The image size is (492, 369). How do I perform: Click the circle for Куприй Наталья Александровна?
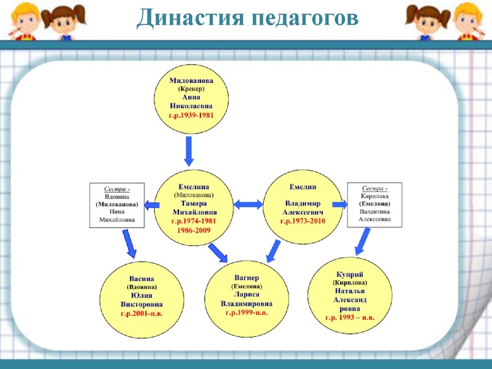(x=350, y=296)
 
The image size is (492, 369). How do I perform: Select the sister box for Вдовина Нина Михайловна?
(x=117, y=205)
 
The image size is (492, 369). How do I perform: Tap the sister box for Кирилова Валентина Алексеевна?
(x=375, y=205)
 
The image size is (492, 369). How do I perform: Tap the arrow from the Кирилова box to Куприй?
(x=363, y=243)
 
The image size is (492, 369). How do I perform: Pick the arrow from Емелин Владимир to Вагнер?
(x=272, y=251)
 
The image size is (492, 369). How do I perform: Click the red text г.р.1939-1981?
(x=191, y=115)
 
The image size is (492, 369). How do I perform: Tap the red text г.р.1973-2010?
(x=302, y=220)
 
